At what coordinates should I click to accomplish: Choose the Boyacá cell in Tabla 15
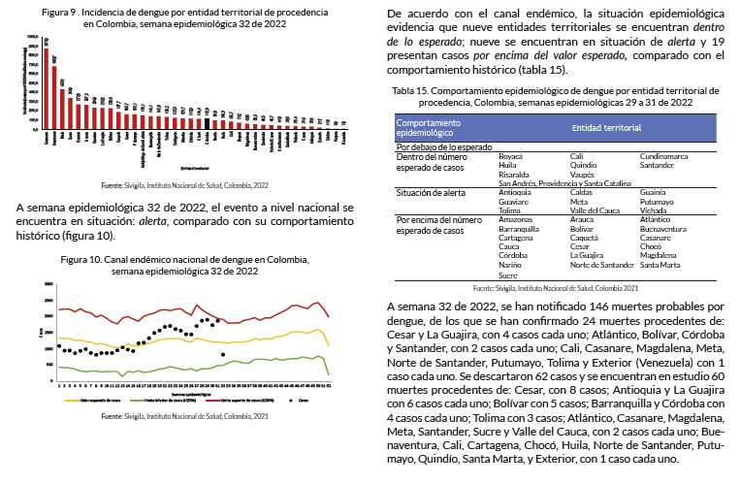pyautogui.click(x=510, y=155)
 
